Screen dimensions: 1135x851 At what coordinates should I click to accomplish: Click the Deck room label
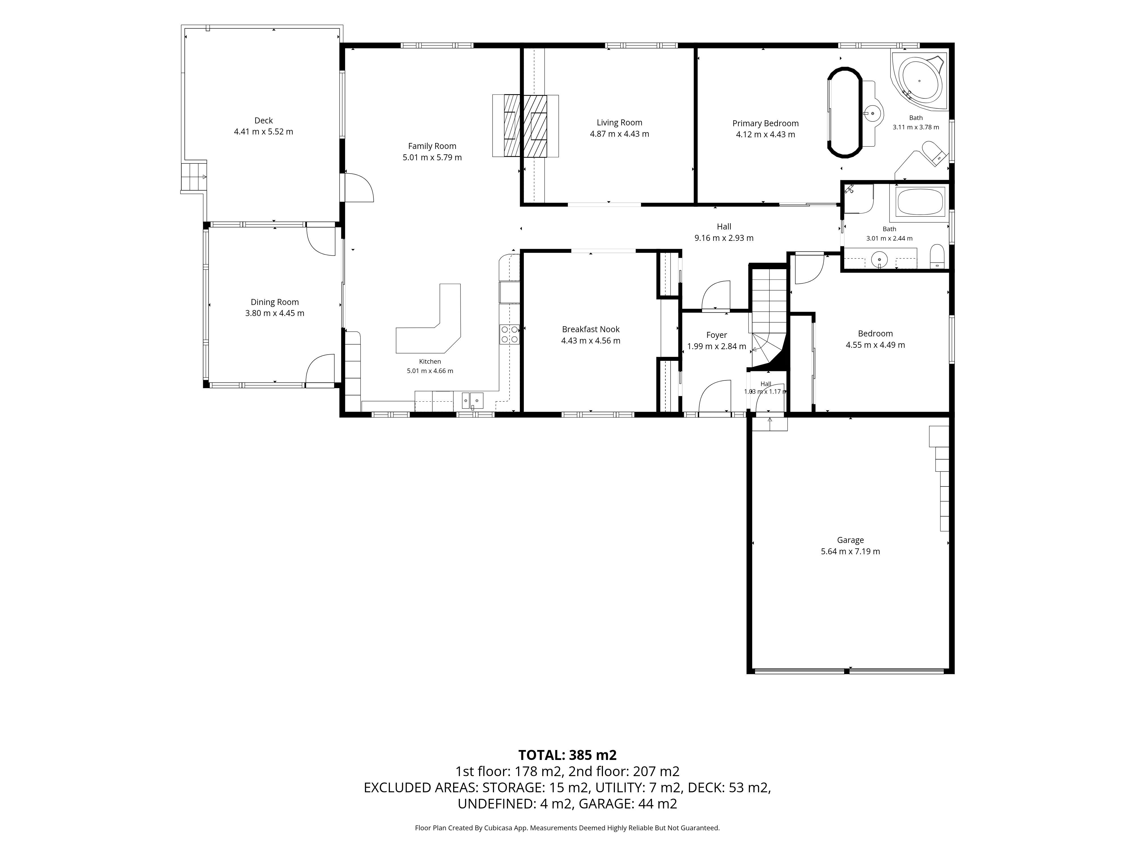point(263,121)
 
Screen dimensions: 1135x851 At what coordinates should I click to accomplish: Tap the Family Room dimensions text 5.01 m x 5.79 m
point(432,157)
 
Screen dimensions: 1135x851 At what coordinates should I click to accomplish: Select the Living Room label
point(619,123)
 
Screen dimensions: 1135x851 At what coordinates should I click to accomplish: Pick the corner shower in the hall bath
point(858,199)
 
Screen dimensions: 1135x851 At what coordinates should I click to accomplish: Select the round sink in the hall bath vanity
point(879,260)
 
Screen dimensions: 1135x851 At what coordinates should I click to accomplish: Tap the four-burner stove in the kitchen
point(510,334)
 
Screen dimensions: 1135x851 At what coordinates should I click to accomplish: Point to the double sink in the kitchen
point(472,400)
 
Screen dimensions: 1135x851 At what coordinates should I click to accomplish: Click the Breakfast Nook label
point(590,329)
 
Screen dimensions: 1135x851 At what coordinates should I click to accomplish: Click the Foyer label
point(716,335)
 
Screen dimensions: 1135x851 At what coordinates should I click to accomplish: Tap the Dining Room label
point(274,302)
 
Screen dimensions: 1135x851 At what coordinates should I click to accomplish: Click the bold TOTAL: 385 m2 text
point(567,755)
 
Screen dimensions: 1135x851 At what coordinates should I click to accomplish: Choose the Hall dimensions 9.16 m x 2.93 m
point(724,238)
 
